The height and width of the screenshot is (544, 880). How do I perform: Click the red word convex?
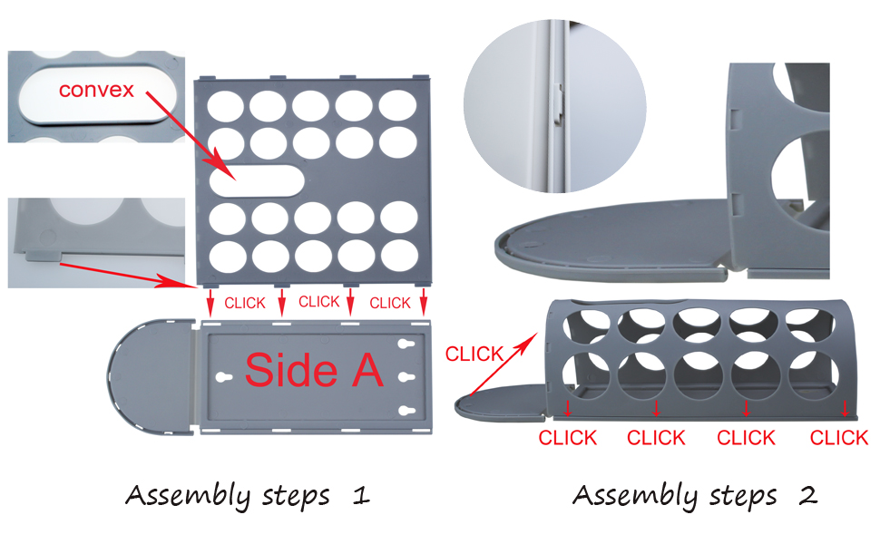click(x=96, y=89)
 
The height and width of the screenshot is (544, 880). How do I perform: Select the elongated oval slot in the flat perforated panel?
click(x=257, y=179)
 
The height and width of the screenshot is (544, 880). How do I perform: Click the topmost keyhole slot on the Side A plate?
click(x=406, y=345)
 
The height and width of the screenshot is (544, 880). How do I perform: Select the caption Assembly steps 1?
click(x=247, y=496)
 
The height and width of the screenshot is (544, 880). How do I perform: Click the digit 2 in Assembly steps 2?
click(x=807, y=496)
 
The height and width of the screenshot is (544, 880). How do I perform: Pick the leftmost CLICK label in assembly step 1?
click(x=245, y=303)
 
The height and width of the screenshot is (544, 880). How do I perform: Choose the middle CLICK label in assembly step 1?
click(x=318, y=302)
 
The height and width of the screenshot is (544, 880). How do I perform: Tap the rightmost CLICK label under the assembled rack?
click(x=838, y=438)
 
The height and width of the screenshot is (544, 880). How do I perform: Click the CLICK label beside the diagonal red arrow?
click(x=474, y=355)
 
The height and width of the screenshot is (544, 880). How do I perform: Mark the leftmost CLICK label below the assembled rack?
click(x=567, y=438)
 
